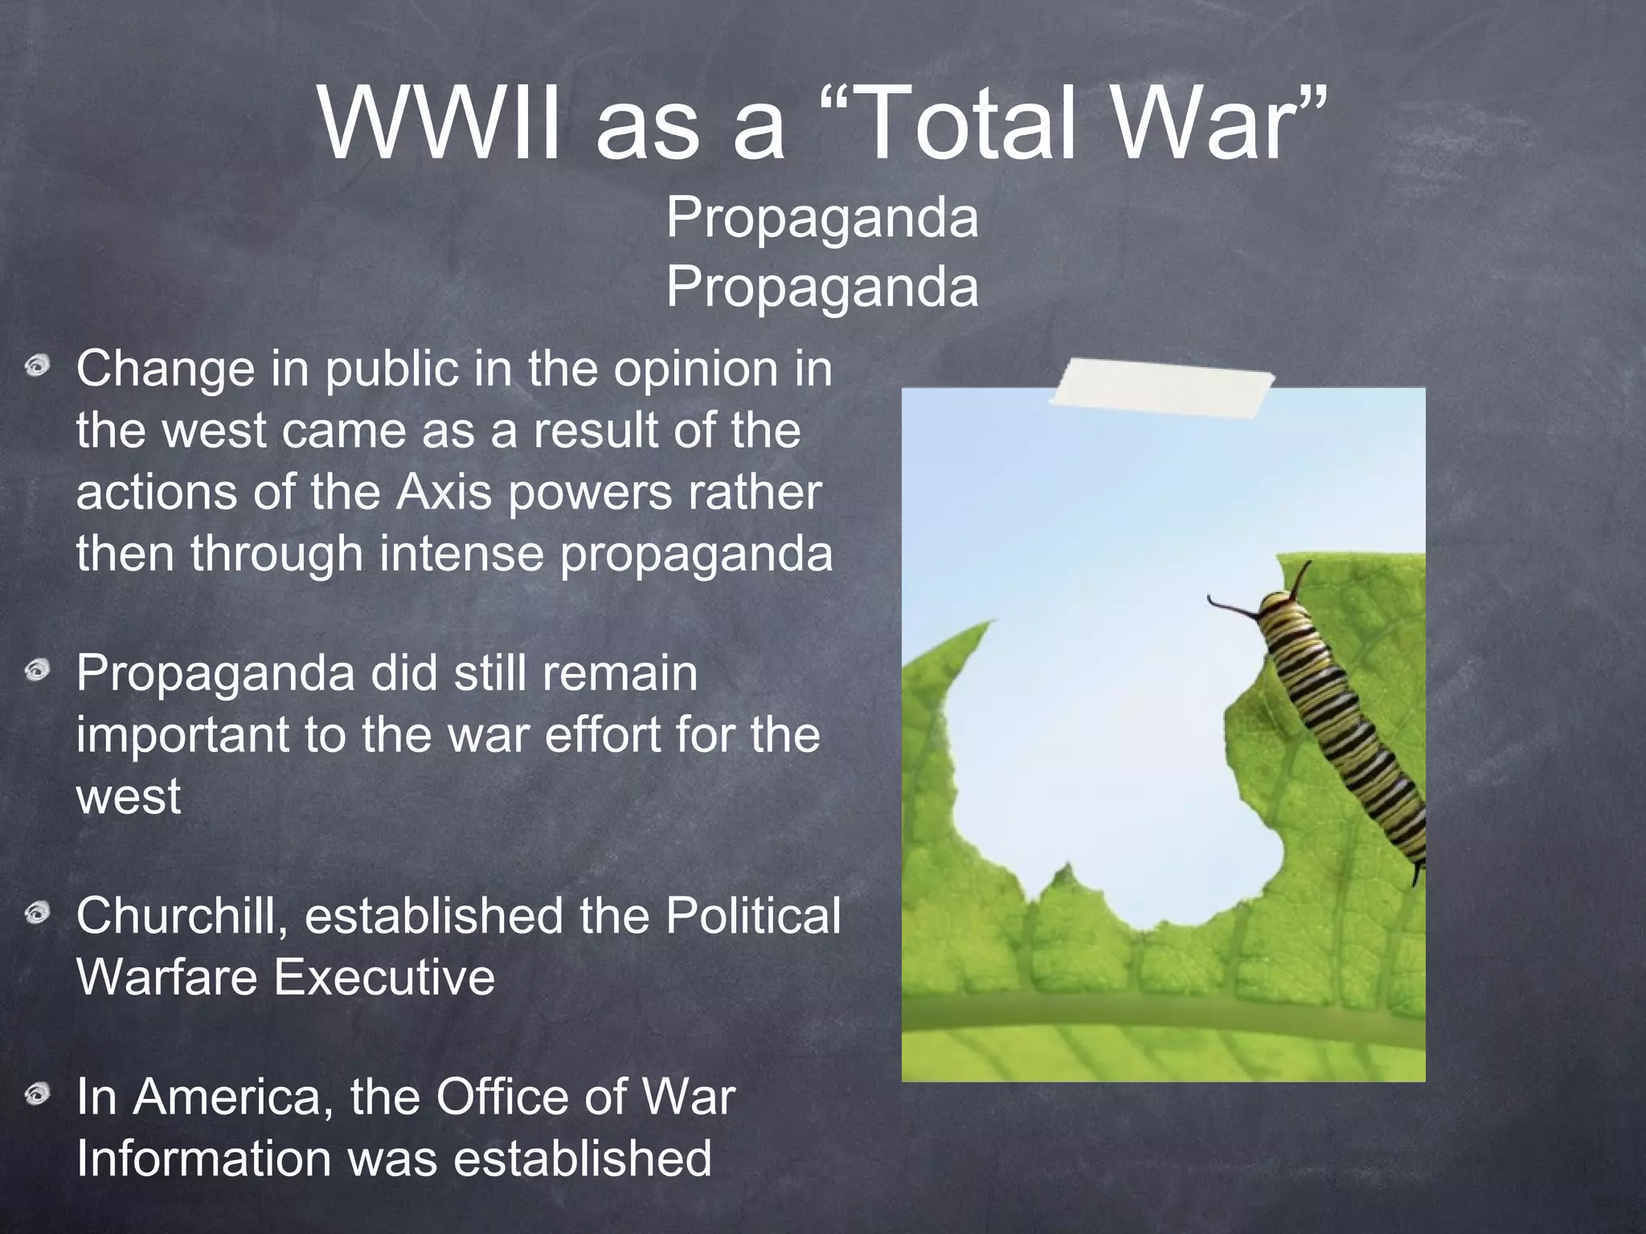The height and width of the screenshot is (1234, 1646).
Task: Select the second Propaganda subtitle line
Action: (822, 286)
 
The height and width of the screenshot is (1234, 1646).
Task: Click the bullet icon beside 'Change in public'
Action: (37, 368)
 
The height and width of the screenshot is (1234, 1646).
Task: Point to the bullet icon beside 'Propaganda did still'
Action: (37, 669)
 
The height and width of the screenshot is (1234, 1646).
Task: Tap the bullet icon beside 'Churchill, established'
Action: (37, 913)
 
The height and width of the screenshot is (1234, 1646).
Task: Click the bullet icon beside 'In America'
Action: (37, 1094)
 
